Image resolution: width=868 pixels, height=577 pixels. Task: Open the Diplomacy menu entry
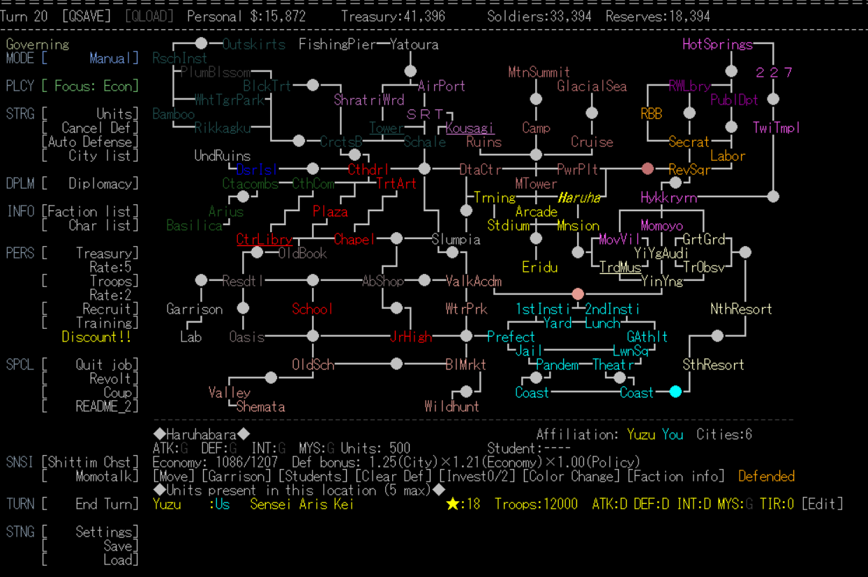click(x=103, y=184)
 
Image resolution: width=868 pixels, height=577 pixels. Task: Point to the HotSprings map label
click(x=717, y=45)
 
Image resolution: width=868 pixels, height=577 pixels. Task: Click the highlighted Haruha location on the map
click(x=578, y=198)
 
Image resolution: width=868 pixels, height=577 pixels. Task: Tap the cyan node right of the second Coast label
click(x=675, y=392)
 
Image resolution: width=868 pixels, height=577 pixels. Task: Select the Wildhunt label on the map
click(x=452, y=406)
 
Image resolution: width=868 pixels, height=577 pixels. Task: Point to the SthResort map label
click(x=713, y=364)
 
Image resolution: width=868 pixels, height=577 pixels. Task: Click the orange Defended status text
click(x=766, y=477)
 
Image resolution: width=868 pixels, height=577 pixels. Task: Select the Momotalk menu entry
click(x=107, y=477)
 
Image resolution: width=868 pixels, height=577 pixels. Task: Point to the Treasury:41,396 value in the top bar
click(x=393, y=16)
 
